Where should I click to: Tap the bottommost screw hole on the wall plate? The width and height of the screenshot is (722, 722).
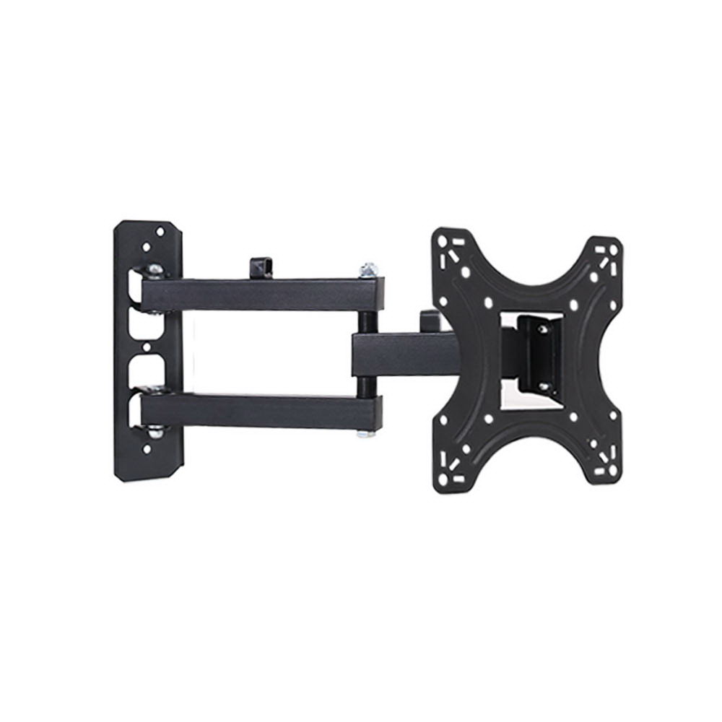147,449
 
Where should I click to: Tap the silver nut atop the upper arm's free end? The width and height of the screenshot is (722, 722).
368,270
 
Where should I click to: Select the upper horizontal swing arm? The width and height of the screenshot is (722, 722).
260,295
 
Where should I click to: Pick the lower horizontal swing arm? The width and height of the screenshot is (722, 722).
260,410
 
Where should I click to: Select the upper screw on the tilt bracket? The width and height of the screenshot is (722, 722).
543,329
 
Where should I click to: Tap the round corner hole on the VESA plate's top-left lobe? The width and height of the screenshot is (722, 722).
442,243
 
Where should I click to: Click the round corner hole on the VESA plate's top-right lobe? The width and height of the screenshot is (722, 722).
613,250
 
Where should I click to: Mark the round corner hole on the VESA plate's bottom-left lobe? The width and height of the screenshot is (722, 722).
443,472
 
